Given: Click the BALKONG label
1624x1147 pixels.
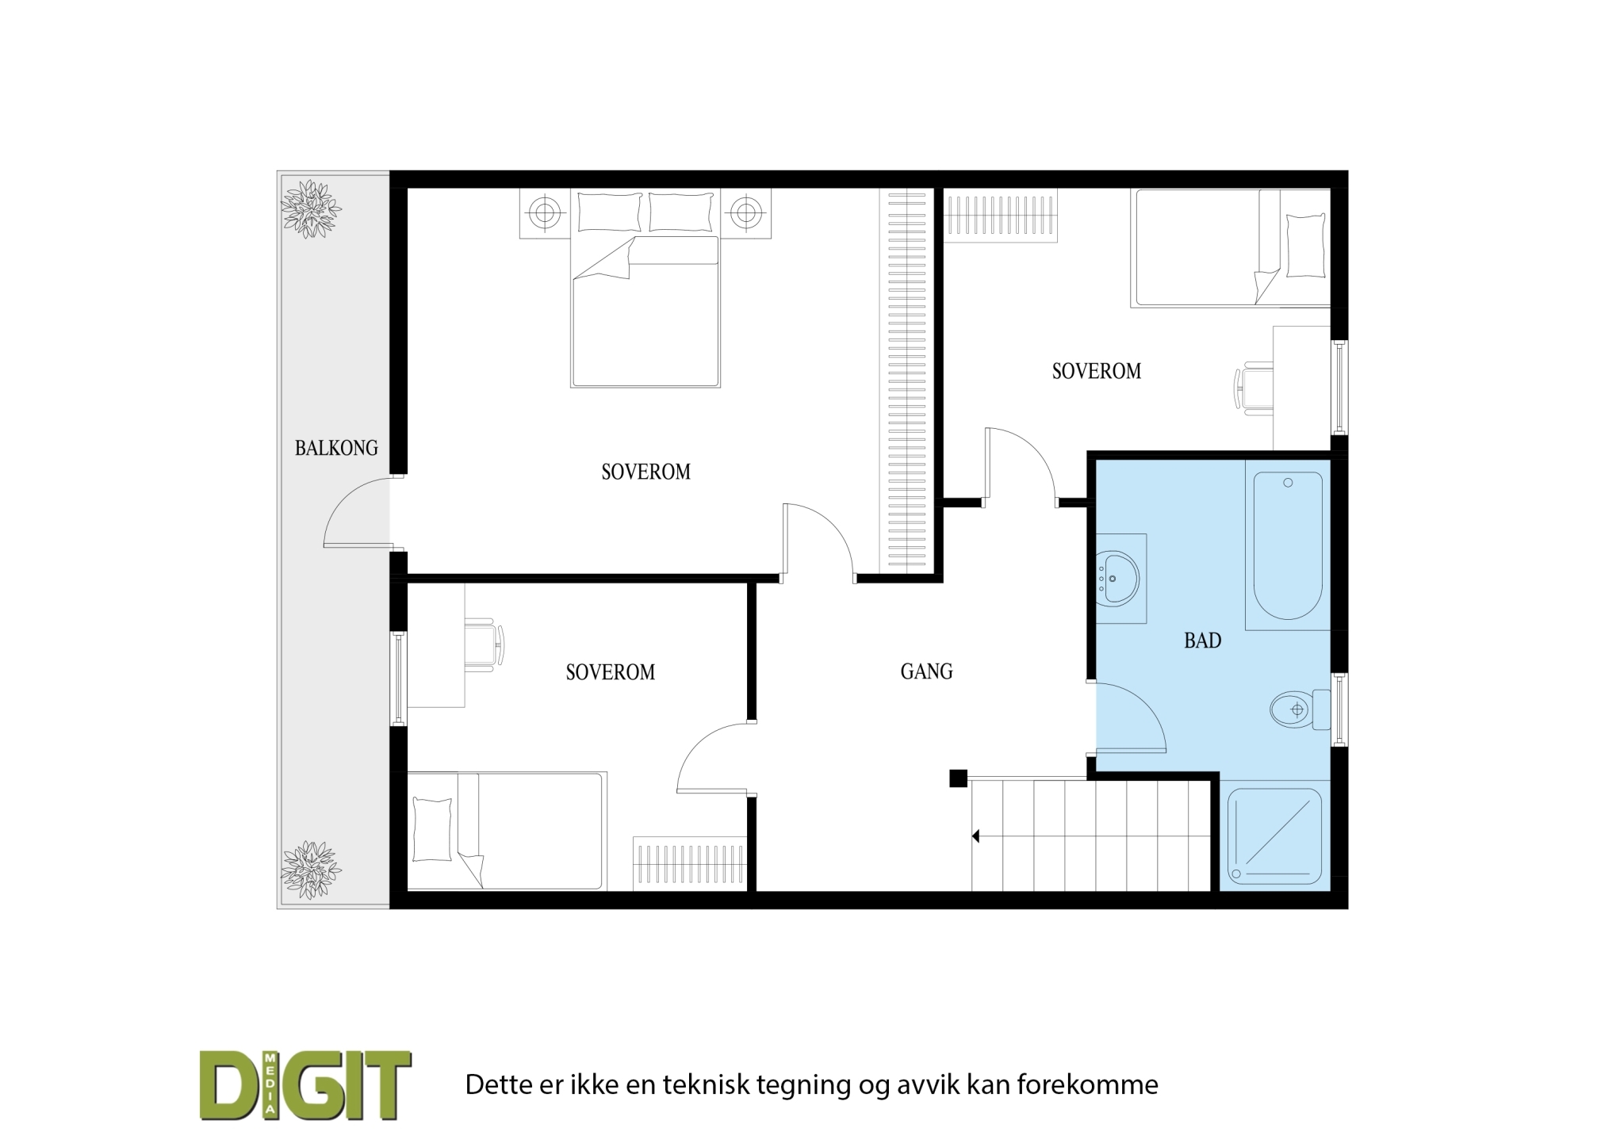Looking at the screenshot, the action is [336, 448].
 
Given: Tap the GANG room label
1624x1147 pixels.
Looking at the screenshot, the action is [926, 671].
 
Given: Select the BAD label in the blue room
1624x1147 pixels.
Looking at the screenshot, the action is [1202, 640].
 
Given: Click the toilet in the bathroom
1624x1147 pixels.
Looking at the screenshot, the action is [1300, 709].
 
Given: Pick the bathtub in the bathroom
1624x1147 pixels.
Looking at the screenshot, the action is [1288, 545].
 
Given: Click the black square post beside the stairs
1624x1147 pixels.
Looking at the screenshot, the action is [958, 778].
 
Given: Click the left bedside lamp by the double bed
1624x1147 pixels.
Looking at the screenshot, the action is [544, 212].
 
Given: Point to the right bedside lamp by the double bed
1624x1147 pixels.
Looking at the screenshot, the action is [745, 212].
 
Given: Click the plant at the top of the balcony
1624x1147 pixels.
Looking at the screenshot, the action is [311, 209].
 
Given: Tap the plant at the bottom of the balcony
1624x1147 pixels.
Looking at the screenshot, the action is [311, 870].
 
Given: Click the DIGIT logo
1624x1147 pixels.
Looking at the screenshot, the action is [305, 1084].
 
